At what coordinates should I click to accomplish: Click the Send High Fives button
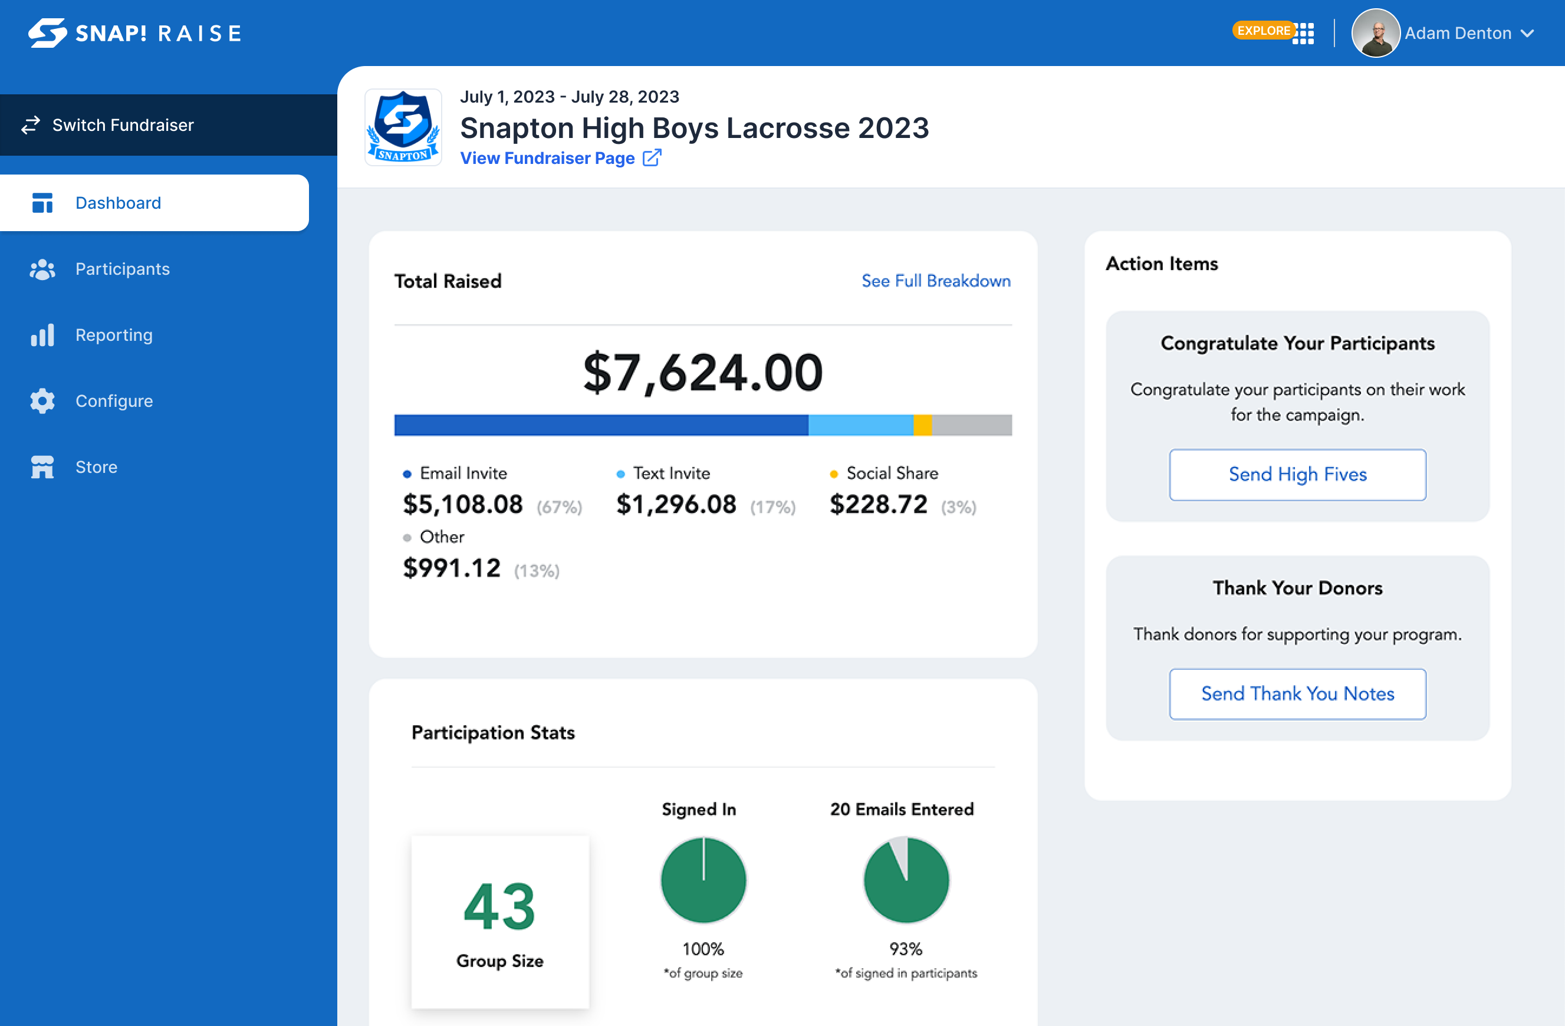tap(1297, 474)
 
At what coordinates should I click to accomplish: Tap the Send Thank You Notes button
tap(1297, 694)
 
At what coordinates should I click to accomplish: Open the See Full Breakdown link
tap(936, 281)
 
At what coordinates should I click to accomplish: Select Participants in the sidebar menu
tap(121, 269)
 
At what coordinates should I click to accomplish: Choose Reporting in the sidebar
tap(113, 335)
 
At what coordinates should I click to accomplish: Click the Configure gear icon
tap(42, 400)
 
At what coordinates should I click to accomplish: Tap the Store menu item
tap(96, 467)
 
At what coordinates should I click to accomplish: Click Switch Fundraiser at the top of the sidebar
tap(122, 125)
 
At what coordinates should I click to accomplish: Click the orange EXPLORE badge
tap(1263, 31)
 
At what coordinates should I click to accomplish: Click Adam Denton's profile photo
tap(1375, 33)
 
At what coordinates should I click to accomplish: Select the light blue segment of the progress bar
tap(860, 425)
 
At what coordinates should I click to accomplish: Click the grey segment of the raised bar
tap(971, 425)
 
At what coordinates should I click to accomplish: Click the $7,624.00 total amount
tap(702, 373)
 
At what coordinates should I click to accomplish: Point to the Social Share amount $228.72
tap(878, 505)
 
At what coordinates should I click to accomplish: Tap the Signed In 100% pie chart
tap(703, 879)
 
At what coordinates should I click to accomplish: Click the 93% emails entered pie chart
tap(906, 879)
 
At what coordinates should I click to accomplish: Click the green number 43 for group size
tap(499, 907)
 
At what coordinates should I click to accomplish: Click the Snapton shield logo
tap(403, 127)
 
